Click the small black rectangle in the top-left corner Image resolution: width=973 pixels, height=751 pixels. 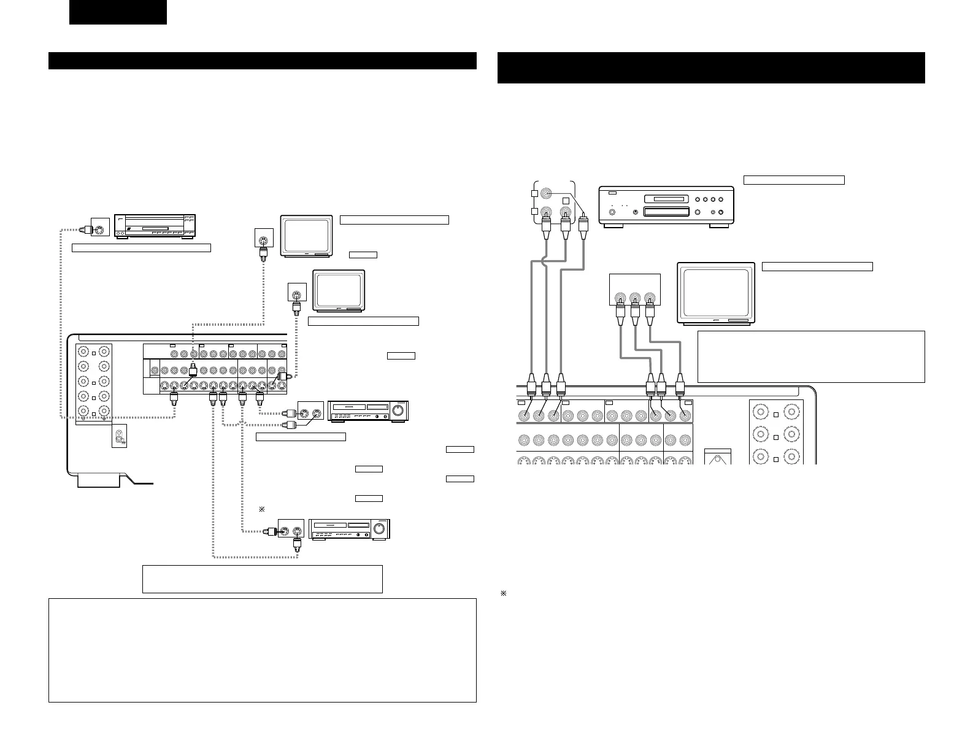118,12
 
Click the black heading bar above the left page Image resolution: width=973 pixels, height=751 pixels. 263,61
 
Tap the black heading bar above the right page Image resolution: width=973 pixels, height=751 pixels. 710,67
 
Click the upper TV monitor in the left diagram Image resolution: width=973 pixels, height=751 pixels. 306,235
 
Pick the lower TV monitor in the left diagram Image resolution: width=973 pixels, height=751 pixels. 339,290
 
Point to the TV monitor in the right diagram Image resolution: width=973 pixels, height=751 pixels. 716,293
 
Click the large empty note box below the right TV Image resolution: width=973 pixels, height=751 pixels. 811,356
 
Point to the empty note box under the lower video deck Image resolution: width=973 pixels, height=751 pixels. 262,579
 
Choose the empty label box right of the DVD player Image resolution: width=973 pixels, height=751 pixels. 794,180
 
